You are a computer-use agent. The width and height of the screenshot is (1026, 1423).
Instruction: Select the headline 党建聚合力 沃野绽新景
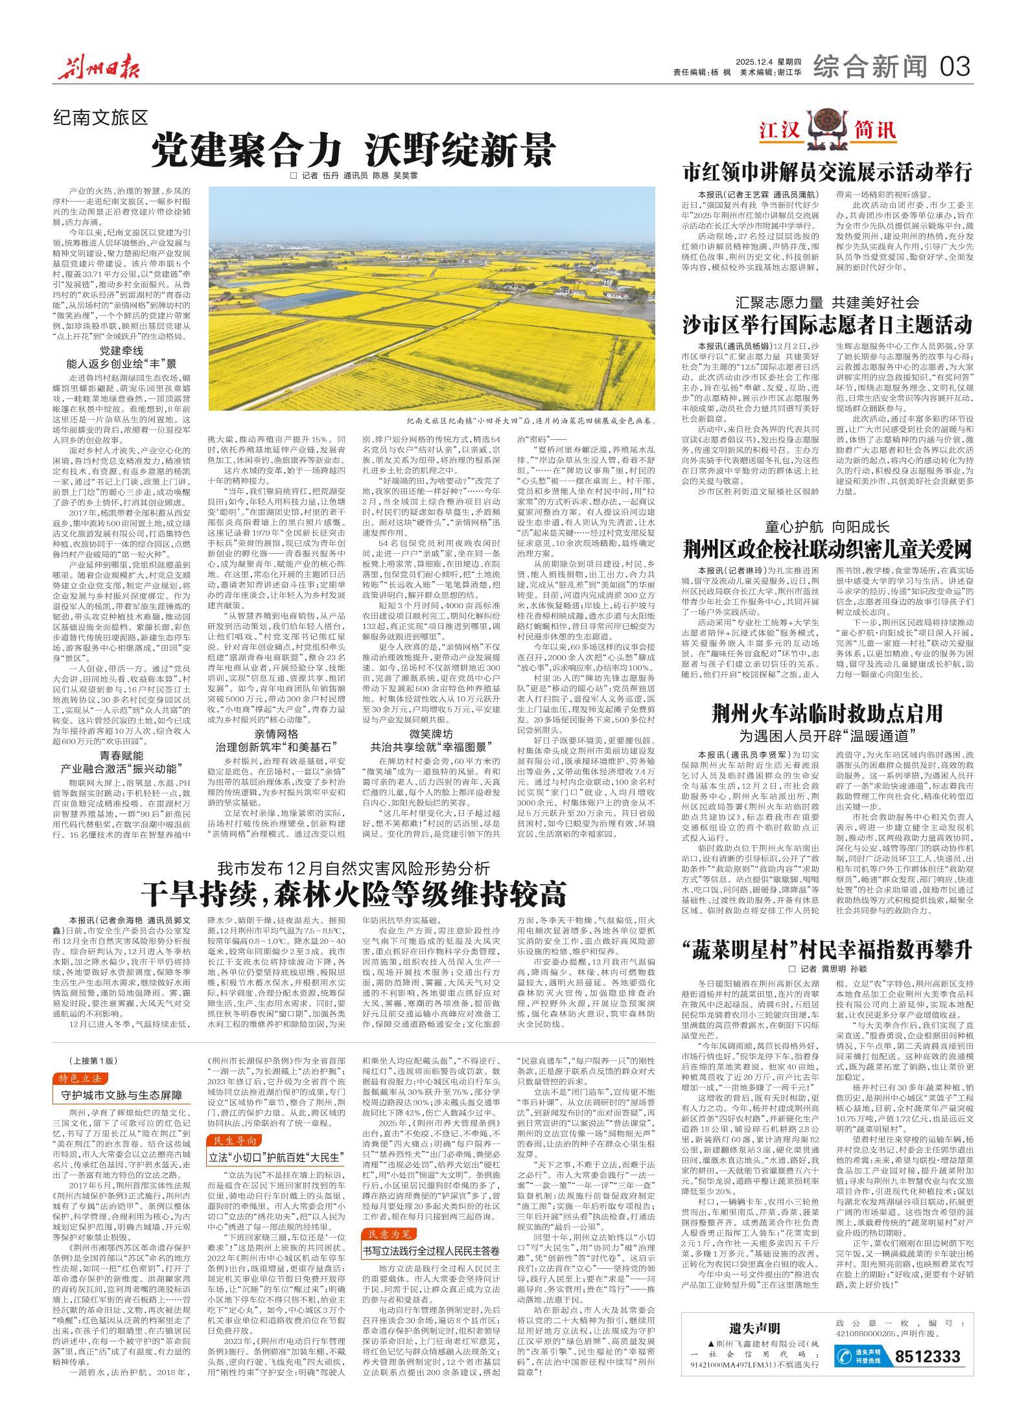(353, 150)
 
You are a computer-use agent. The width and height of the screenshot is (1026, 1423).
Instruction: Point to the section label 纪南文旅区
(101, 117)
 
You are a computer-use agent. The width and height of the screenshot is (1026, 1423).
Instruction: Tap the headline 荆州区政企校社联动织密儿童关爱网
(828, 550)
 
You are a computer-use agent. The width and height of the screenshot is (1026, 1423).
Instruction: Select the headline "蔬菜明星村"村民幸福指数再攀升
(828, 950)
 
